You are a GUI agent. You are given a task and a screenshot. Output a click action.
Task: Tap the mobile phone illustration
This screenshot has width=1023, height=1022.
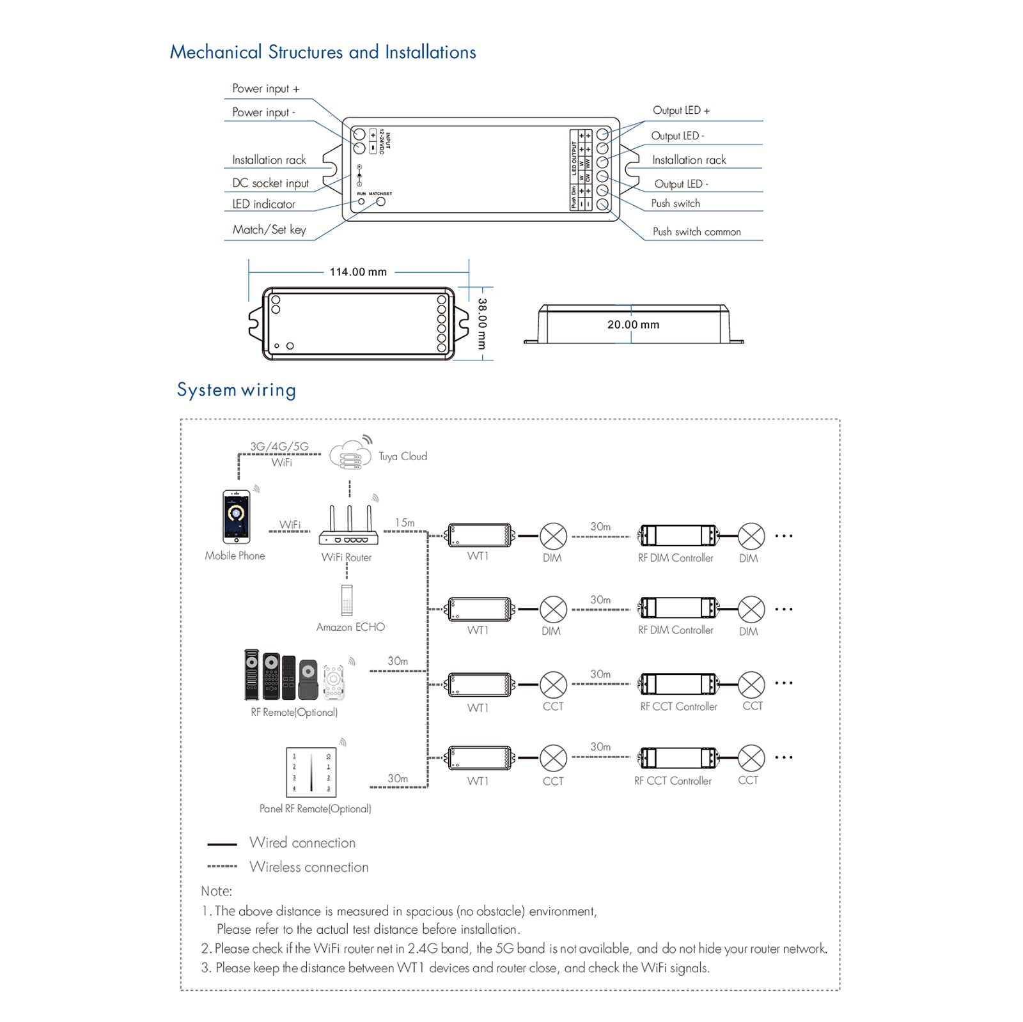(236, 516)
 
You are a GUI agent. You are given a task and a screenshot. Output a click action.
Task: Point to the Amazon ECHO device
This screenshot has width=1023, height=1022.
(347, 600)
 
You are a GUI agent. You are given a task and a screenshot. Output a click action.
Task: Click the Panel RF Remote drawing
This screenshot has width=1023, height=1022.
(311, 771)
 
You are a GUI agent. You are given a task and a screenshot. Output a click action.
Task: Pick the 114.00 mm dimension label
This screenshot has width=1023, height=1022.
(358, 272)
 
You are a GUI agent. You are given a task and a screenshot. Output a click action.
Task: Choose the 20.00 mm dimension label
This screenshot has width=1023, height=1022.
(633, 325)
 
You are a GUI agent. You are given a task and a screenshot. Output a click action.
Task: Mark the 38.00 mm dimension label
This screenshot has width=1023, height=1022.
(482, 323)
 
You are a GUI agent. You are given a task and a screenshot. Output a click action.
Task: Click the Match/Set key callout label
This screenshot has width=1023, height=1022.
(269, 229)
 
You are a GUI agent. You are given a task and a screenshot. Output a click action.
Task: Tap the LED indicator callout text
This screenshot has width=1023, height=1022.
(263, 205)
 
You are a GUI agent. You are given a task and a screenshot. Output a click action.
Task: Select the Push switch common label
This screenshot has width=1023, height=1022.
(696, 232)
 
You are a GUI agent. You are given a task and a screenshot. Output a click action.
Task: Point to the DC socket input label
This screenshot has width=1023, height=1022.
(270, 183)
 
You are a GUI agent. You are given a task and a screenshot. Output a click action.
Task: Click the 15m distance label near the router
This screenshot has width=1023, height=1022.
(405, 523)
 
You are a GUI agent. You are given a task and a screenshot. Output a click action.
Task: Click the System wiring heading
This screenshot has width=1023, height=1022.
(237, 390)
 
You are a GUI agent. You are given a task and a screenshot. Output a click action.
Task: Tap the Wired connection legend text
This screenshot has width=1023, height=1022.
(302, 842)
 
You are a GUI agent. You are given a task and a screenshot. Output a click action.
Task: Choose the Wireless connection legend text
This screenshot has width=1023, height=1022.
(309, 867)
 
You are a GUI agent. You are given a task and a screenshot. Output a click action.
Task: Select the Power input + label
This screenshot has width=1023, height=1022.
(265, 89)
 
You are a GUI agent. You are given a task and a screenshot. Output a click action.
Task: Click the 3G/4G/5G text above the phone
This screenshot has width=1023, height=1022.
(279, 446)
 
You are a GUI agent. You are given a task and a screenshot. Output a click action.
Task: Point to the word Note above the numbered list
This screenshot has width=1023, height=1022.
(217, 891)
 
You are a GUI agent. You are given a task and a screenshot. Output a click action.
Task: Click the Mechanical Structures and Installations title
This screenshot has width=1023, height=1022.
(323, 52)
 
